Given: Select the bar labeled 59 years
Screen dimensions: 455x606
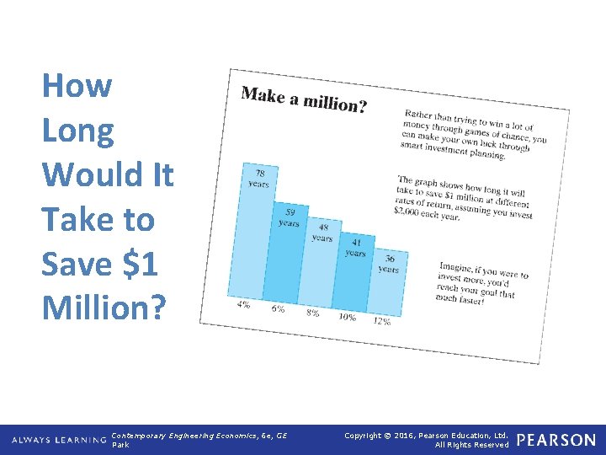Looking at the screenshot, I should tap(286, 253).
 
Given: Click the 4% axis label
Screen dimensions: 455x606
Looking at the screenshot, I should tap(243, 304).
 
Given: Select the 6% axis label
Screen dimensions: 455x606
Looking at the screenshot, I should tap(278, 308).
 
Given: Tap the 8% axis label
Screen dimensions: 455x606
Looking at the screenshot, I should tap(312, 313).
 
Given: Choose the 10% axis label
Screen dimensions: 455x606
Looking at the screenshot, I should tap(346, 317).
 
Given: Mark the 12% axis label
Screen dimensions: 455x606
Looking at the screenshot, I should tap(381, 322).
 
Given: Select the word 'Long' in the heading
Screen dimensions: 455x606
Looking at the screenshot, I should tap(77, 131).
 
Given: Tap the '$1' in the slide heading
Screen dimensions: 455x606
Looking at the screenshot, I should tap(138, 264).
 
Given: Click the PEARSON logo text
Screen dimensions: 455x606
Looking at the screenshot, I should tap(556, 440).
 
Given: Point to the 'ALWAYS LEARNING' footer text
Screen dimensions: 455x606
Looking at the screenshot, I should tap(60, 440).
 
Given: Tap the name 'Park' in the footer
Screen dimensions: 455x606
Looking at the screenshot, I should tap(120, 445).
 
